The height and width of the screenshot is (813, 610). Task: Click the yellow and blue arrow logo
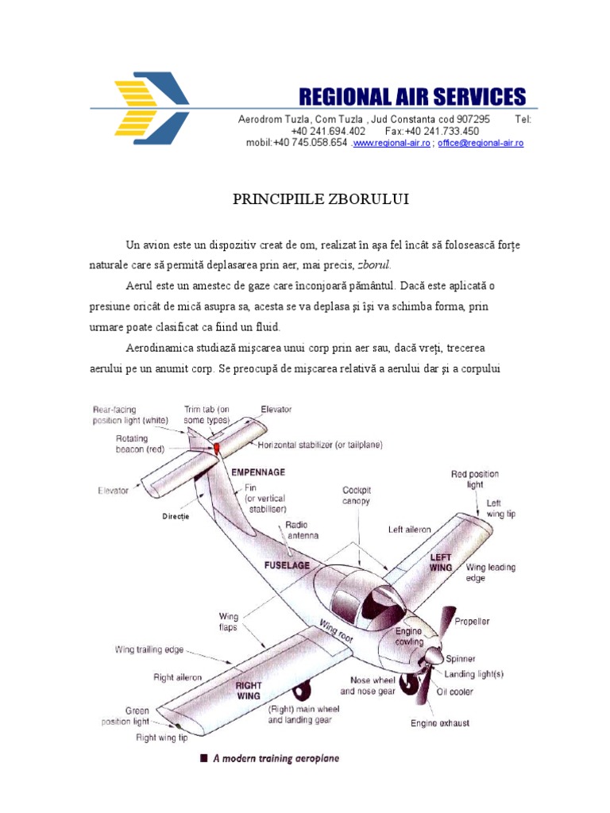point(152,109)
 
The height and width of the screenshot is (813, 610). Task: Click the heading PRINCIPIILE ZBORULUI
point(321,198)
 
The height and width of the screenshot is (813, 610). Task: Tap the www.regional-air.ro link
point(392,144)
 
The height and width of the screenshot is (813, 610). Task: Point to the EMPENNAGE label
point(257,472)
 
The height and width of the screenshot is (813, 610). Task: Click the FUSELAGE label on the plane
point(287,565)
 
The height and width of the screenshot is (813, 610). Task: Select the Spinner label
point(461,659)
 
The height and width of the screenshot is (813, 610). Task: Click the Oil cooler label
point(454,692)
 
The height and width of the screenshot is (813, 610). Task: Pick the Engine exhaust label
point(439,722)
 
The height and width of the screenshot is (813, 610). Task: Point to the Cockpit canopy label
point(356,495)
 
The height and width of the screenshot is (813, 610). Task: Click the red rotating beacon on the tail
point(215,449)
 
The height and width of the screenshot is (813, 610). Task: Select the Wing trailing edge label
point(149,649)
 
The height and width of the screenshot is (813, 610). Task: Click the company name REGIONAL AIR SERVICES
point(411,97)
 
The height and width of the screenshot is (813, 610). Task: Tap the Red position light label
point(475,479)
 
